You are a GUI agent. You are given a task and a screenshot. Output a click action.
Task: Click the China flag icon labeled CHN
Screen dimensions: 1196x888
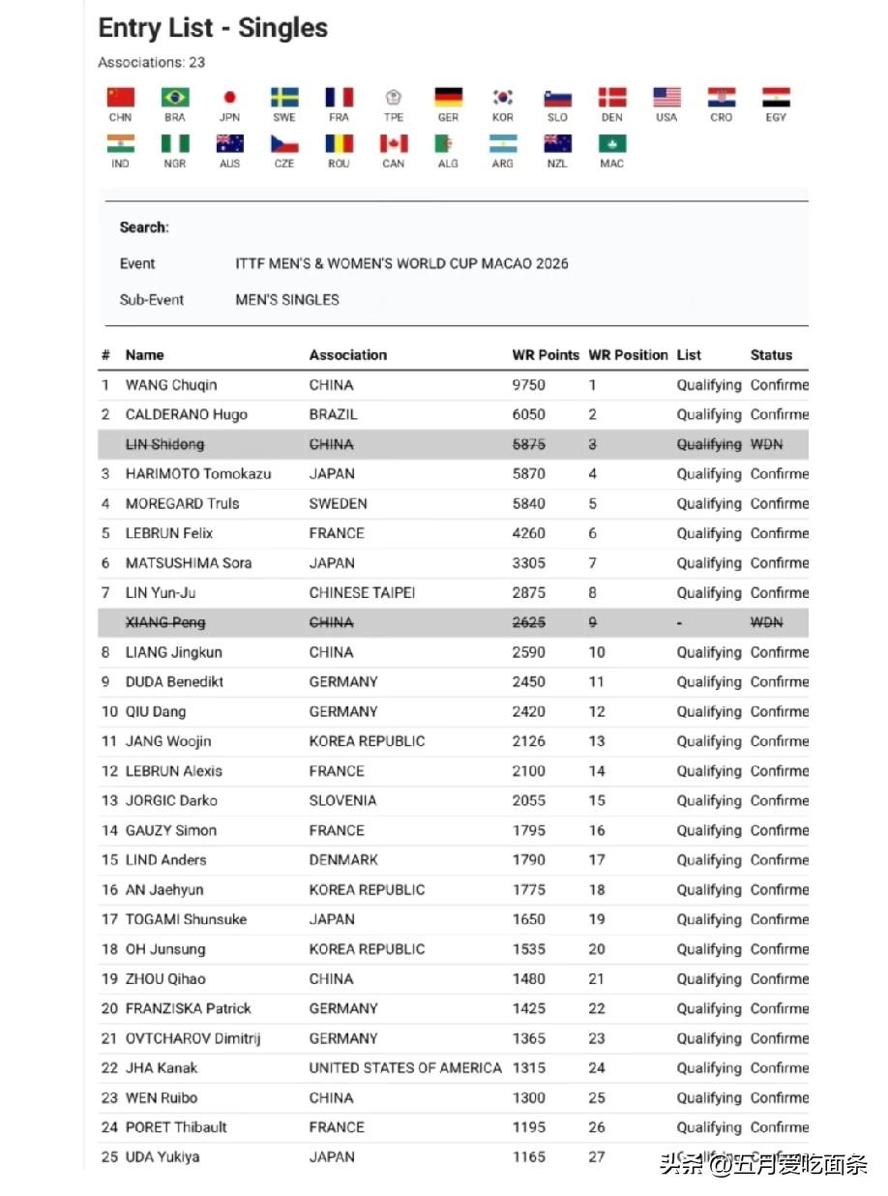pyautogui.click(x=120, y=98)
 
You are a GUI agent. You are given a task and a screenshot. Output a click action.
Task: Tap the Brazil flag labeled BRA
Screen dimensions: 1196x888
pyautogui.click(x=175, y=98)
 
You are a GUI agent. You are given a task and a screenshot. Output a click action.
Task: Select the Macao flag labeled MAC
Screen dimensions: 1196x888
pyautogui.click(x=611, y=144)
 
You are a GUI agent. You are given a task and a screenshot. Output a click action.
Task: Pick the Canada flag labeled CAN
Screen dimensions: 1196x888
pyautogui.click(x=393, y=144)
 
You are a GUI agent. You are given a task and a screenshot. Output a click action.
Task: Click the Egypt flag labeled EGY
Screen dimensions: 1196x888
pyautogui.click(x=776, y=98)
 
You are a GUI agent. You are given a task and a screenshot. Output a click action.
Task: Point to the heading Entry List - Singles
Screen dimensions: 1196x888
pyautogui.click(x=213, y=28)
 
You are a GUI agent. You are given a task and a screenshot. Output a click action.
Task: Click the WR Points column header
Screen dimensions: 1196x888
pyautogui.click(x=546, y=355)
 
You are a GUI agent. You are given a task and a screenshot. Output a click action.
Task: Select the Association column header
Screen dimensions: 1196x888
pyautogui.click(x=347, y=355)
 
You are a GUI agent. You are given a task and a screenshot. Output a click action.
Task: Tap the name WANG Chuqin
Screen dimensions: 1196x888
pyautogui.click(x=171, y=385)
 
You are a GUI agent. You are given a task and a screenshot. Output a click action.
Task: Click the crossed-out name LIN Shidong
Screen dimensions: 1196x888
pyautogui.click(x=164, y=444)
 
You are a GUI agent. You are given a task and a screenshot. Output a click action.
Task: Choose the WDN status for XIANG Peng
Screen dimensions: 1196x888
pyautogui.click(x=766, y=622)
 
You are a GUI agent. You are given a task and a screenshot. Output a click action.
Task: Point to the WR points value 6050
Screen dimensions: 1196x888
pyautogui.click(x=528, y=414)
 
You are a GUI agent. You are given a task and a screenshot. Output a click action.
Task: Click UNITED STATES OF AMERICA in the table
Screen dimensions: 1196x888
pyautogui.click(x=405, y=1068)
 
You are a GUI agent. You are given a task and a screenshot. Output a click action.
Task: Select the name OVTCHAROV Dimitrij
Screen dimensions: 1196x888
pyautogui.click(x=192, y=1038)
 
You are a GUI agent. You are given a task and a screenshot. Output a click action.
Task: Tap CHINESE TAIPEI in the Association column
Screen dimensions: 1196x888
pyautogui.click(x=362, y=592)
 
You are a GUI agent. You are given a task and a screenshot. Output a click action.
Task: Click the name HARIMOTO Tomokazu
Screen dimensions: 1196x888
pyautogui.click(x=198, y=474)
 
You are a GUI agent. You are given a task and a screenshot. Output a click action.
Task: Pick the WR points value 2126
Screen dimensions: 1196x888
pyautogui.click(x=528, y=741)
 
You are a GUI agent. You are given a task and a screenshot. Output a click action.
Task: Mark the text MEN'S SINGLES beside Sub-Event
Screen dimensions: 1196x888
pyautogui.click(x=287, y=300)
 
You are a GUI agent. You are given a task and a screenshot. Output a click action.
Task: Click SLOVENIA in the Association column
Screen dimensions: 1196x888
pyautogui.click(x=342, y=800)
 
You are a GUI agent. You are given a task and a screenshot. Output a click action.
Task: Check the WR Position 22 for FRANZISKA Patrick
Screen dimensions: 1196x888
pyautogui.click(x=597, y=1008)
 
